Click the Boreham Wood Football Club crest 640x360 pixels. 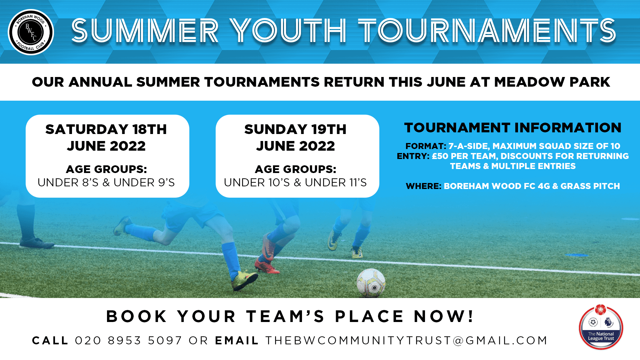click(31, 32)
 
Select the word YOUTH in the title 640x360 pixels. click(288, 31)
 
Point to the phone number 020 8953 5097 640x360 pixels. click(128, 340)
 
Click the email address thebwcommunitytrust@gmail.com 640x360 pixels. click(406, 340)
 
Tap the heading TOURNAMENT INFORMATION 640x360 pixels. click(513, 128)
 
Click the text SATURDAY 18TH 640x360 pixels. click(106, 129)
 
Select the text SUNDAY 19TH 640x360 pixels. click(295, 129)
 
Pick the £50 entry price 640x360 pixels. click(440, 156)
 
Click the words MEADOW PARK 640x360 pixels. click(552, 82)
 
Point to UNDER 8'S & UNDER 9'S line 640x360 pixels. click(106, 183)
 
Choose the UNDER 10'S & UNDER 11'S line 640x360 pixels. click(295, 183)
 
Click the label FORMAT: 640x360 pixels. click(425, 146)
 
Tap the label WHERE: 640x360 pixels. click(423, 186)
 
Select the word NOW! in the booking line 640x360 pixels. click(443, 316)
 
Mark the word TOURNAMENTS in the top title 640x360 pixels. click(487, 31)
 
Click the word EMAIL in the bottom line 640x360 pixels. click(237, 340)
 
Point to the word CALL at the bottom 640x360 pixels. click(50, 340)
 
